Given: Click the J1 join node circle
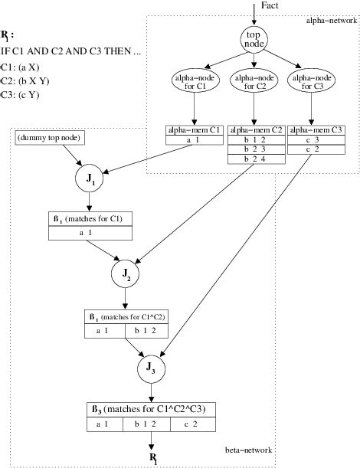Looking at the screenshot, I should coord(90,178).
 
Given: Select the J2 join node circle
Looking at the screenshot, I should coord(126,273).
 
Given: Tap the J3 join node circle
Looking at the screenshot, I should coord(152,370).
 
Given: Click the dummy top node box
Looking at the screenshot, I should coord(50,138).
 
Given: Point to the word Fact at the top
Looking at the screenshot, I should coord(270,5).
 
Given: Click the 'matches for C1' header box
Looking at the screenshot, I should coord(91,220).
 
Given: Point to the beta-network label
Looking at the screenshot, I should coord(249,450).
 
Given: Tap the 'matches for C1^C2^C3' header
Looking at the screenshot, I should coord(149,409).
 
